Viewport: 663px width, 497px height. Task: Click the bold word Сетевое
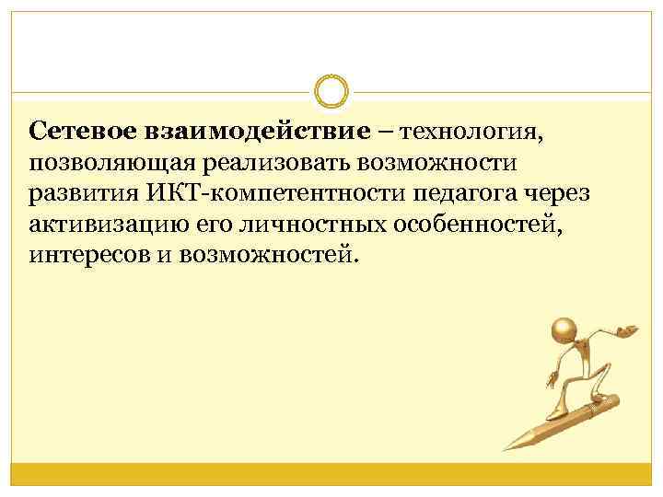point(82,133)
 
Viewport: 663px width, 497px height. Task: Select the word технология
point(468,133)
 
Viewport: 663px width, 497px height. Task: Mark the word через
point(564,194)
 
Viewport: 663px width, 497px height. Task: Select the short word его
point(221,225)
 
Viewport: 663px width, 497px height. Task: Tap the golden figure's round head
point(563,329)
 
